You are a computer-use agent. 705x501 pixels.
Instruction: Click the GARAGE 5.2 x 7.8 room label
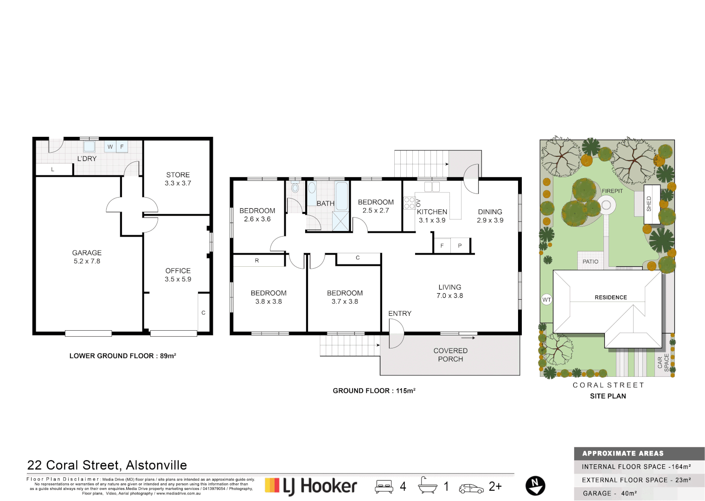click(87, 257)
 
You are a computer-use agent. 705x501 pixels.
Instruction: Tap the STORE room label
click(178, 179)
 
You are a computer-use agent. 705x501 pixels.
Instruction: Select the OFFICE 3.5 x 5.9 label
click(178, 275)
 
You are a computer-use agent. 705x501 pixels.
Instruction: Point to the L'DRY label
click(87, 159)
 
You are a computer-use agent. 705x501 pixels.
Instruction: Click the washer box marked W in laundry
click(110, 147)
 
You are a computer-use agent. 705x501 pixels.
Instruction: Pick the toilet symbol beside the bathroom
click(295, 188)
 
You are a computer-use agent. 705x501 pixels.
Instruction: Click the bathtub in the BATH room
click(342, 196)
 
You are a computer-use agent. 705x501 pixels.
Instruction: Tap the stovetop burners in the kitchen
click(409, 203)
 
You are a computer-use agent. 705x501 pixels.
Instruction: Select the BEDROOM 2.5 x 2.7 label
click(376, 206)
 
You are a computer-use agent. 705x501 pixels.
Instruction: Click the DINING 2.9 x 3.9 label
click(490, 216)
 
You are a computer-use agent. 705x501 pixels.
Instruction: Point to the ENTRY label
click(400, 314)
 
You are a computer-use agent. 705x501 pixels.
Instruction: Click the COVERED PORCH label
click(450, 355)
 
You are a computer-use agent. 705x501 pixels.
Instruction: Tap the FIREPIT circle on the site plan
click(606, 205)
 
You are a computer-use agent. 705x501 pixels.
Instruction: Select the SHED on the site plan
click(652, 204)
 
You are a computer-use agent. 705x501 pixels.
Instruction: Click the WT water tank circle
click(547, 300)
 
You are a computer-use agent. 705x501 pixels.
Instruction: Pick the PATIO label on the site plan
click(590, 262)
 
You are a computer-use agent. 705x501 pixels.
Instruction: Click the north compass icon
click(535, 486)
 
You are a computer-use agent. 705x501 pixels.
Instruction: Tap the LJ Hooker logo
click(311, 486)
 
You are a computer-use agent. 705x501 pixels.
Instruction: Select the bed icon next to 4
click(384, 486)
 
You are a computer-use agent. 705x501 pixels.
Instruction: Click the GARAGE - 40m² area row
click(639, 494)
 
